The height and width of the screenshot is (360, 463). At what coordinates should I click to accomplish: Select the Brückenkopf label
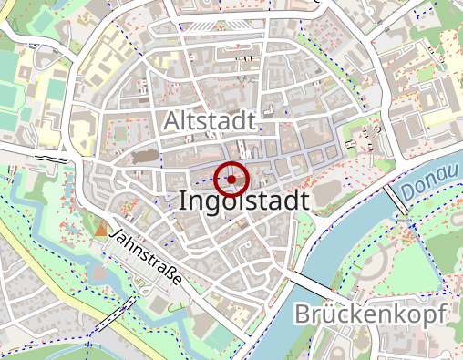tap(370, 315)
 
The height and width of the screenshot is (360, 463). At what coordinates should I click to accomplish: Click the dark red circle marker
tap(231, 179)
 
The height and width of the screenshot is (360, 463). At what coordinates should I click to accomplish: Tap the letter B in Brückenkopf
tap(303, 315)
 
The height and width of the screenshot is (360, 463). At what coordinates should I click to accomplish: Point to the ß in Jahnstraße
tap(169, 273)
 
